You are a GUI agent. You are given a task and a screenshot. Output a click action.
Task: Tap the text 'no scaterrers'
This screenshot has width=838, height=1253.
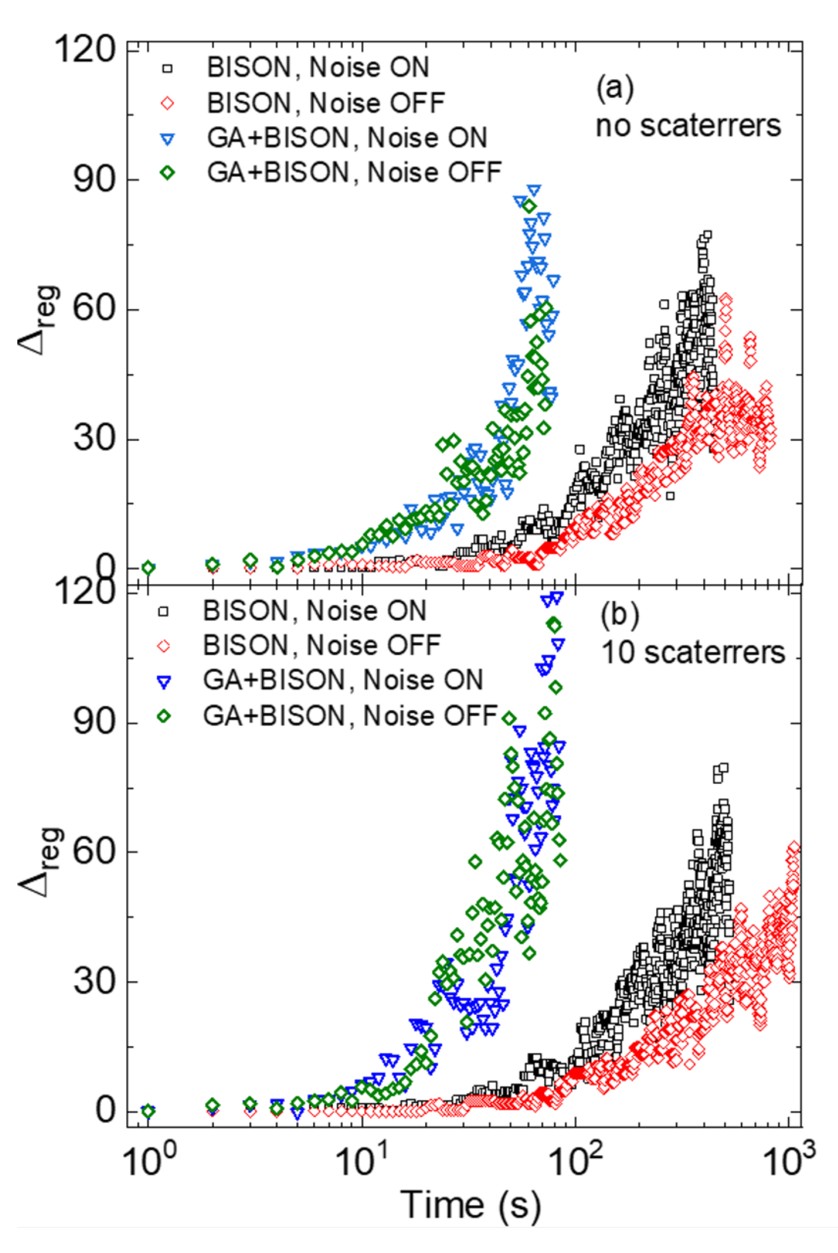688,126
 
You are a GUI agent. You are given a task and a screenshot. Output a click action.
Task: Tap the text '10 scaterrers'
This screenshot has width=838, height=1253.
693,653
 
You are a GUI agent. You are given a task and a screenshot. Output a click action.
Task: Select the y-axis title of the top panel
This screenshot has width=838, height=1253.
38,321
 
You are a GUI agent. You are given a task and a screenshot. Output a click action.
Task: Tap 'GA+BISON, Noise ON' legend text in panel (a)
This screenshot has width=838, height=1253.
347,138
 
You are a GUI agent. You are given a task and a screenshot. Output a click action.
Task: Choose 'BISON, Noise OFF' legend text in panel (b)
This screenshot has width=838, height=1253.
321,645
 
